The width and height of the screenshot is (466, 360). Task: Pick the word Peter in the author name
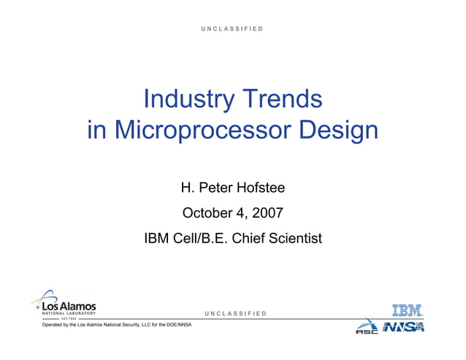click(x=213, y=188)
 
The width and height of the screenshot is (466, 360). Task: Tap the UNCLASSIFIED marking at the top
click(x=233, y=28)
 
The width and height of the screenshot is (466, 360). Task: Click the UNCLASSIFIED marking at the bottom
click(x=233, y=313)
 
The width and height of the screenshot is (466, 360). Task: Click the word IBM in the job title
click(x=157, y=238)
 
